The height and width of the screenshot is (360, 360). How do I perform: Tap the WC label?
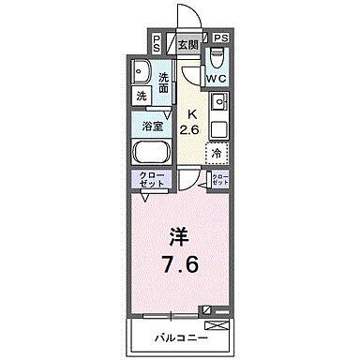[x=216, y=77]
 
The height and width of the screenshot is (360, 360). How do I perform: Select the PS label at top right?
[x=220, y=37]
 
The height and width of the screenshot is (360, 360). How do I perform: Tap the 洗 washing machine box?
[x=141, y=96]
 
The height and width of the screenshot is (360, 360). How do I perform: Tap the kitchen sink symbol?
[x=218, y=100]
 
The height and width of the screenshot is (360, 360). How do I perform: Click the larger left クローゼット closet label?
[x=153, y=180]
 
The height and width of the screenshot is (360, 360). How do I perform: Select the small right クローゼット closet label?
[x=218, y=180]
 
